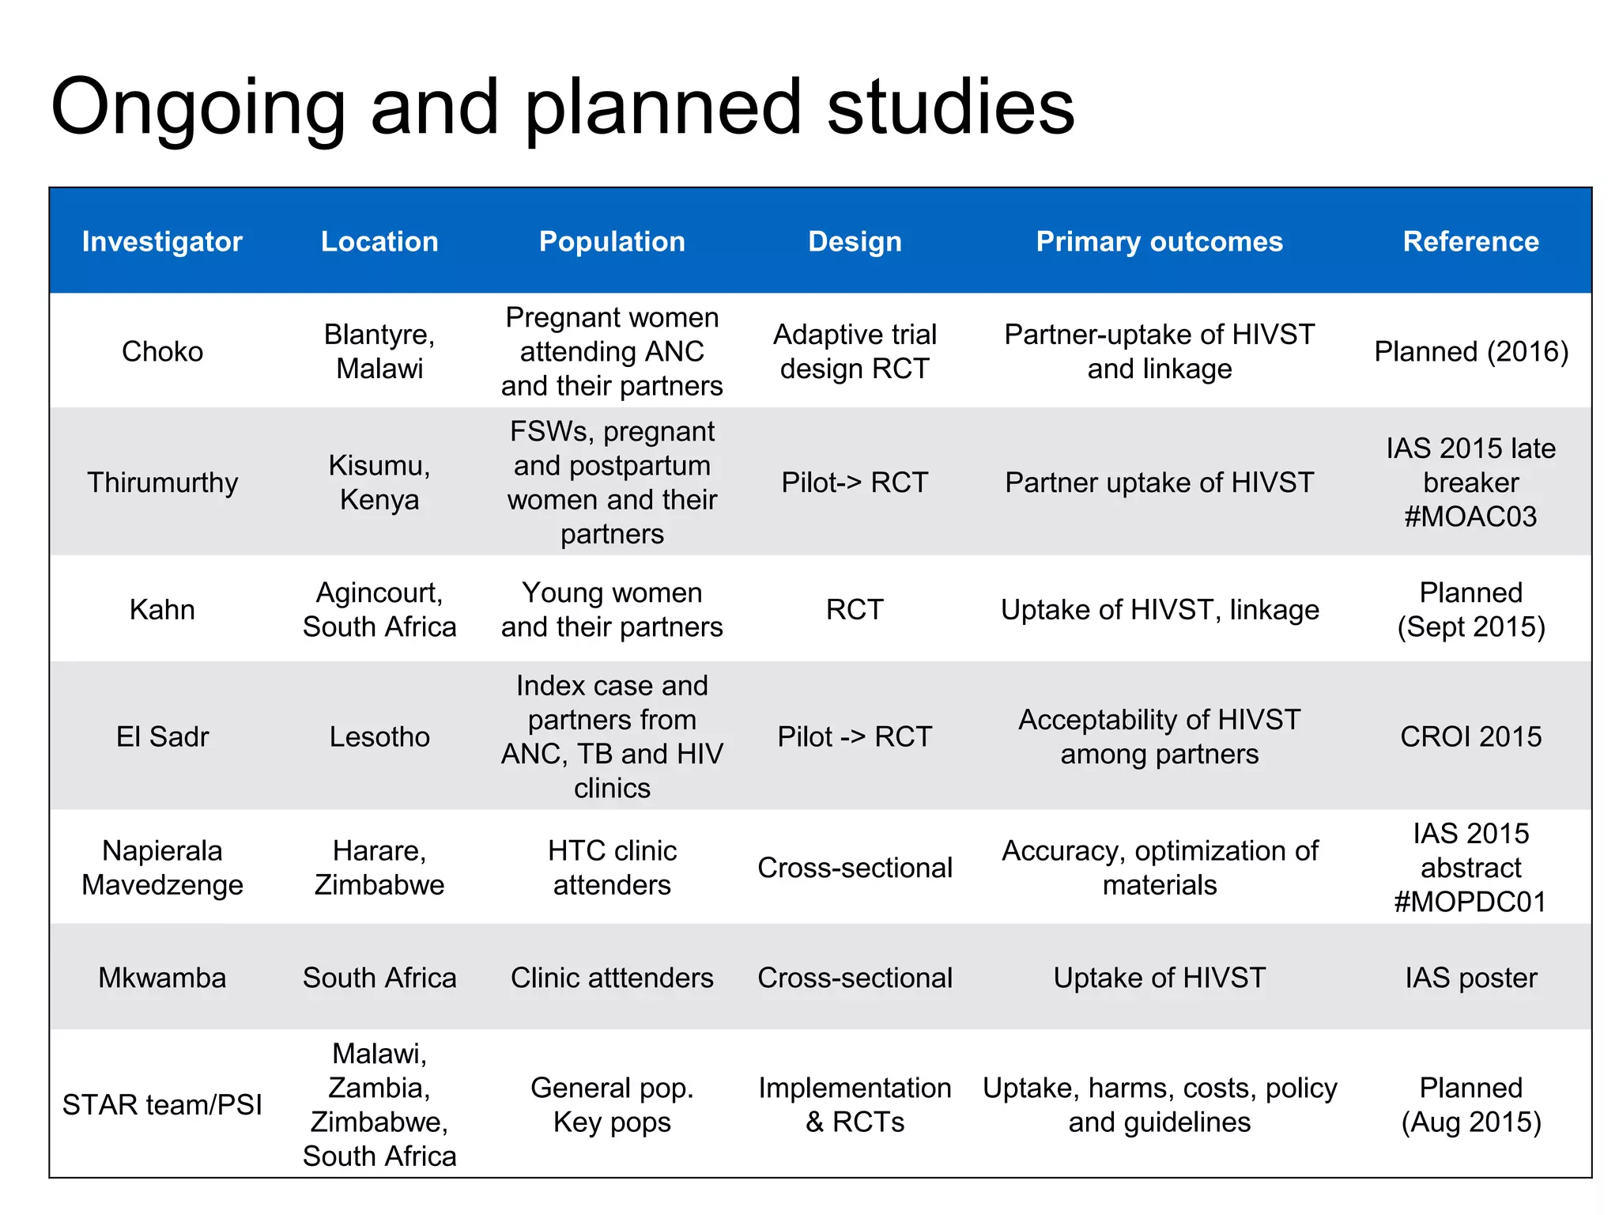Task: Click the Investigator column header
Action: tap(162, 241)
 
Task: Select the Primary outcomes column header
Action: tap(1159, 241)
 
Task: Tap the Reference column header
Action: tap(1470, 241)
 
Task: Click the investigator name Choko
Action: tap(162, 351)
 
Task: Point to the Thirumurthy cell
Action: tap(162, 483)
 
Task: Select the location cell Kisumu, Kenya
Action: tap(379, 483)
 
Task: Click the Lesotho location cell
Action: tap(379, 736)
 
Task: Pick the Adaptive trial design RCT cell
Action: tap(855, 351)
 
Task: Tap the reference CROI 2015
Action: tap(1470, 736)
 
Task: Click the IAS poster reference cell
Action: tap(1470, 978)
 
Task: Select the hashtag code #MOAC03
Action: tap(1470, 517)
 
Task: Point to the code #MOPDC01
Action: tap(1470, 902)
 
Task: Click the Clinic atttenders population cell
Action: tap(612, 978)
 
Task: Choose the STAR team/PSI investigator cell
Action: tap(162, 1104)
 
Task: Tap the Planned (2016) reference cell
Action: tap(1470, 351)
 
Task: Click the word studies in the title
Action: tap(950, 107)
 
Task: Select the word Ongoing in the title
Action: tap(198, 107)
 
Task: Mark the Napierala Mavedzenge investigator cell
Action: tap(162, 868)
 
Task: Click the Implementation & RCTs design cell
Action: tap(855, 1104)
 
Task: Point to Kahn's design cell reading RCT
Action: tap(855, 610)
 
